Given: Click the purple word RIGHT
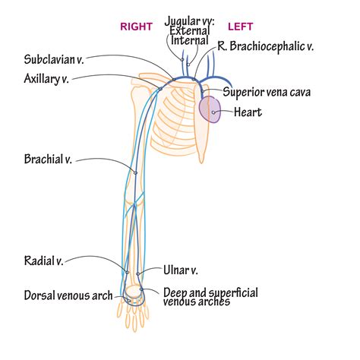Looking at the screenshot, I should pos(137,27).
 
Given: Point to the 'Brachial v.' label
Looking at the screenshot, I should pos(48,160).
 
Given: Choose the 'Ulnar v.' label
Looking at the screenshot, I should pos(181,270).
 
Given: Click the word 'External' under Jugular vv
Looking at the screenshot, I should pos(190,31).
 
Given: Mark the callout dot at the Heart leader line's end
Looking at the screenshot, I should pos(214,113).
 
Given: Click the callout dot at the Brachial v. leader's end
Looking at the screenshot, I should pos(136,172).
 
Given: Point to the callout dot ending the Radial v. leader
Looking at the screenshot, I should pos(127,272).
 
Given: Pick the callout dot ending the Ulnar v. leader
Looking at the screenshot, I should pos(139,272).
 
